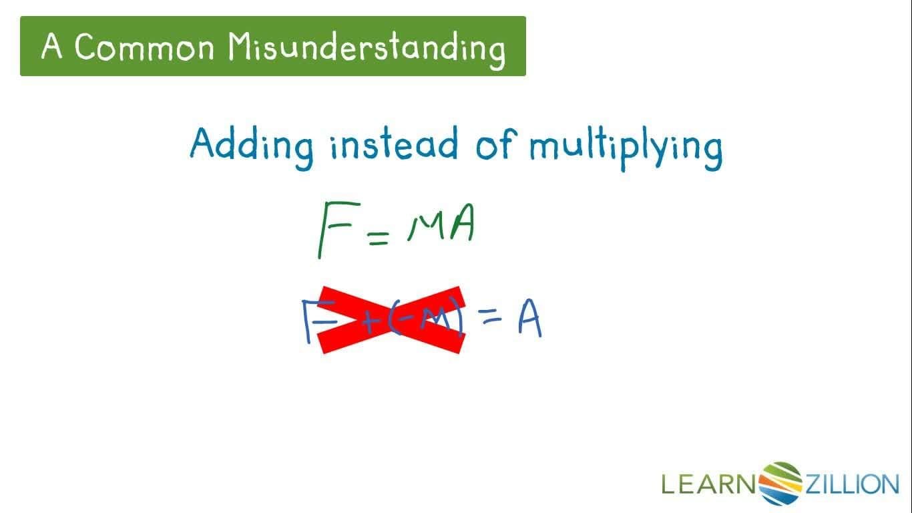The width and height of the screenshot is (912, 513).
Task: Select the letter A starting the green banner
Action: click(51, 47)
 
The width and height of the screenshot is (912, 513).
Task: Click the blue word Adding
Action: click(251, 144)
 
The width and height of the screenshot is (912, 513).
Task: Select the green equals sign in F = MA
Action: click(378, 236)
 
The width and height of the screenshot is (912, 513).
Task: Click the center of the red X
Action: click(391, 319)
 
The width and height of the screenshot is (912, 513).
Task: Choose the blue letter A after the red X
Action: click(529, 320)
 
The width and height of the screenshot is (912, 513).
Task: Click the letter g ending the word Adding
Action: click(302, 151)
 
